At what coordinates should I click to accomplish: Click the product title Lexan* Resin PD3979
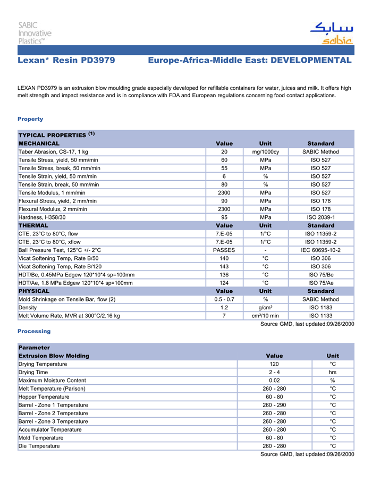66,61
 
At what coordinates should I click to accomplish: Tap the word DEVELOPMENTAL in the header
311,61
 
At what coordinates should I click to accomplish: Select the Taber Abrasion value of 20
224,152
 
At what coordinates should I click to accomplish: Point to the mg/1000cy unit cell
265,152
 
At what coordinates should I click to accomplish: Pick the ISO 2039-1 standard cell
320,217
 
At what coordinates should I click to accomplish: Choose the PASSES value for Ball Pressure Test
224,250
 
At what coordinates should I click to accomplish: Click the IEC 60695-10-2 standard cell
320,250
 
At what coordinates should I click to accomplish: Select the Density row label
28,308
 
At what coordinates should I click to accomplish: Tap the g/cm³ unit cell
265,308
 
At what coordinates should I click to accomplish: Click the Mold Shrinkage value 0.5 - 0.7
224,299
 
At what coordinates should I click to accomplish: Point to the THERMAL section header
33,225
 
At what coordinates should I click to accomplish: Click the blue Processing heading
34,331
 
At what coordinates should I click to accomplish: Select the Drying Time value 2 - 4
274,373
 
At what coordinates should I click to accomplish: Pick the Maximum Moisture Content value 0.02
274,381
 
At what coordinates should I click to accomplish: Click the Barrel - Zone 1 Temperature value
274,405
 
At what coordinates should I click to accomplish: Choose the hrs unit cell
333,373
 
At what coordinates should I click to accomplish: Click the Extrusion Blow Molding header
54,356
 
